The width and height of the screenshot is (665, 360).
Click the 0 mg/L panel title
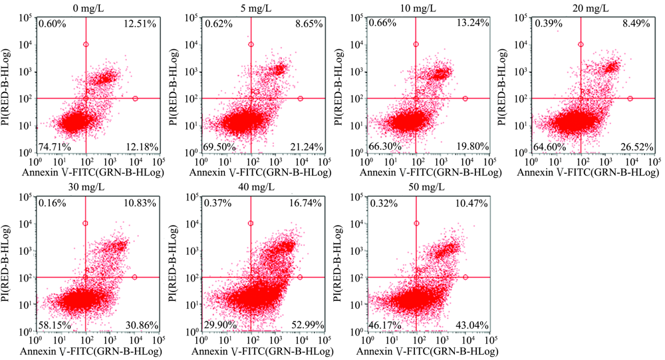click(x=98, y=7)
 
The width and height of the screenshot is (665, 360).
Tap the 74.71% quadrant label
click(x=55, y=146)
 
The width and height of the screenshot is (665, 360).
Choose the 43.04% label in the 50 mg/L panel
click(x=470, y=324)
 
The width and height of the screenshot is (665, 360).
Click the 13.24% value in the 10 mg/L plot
click(x=470, y=25)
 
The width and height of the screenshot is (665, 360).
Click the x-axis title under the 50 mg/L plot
click(x=428, y=351)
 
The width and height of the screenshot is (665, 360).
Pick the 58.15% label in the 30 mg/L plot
click(x=55, y=324)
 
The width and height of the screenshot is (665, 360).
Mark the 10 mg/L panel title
click(x=428, y=7)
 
